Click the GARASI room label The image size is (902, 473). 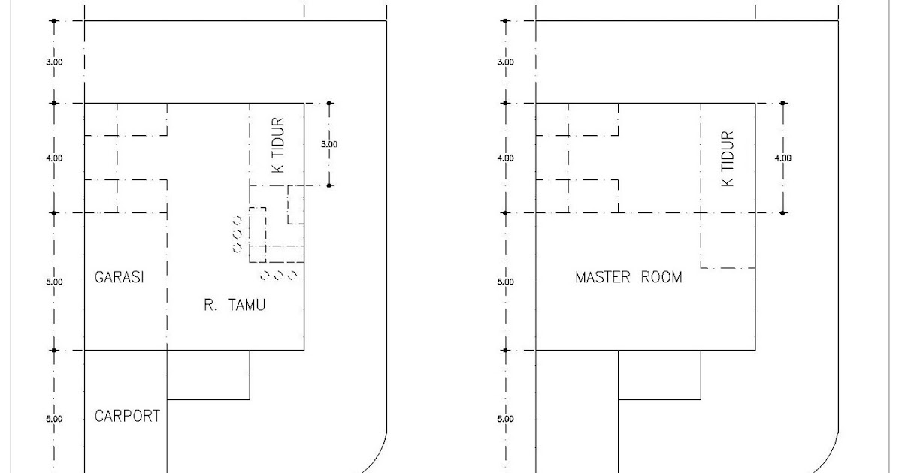pyautogui.click(x=120, y=277)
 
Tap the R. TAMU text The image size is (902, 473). pyautogui.click(x=235, y=305)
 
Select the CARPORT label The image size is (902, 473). pyautogui.click(x=127, y=416)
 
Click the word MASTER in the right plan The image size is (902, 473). pyautogui.click(x=603, y=277)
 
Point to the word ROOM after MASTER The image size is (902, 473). pyautogui.click(x=661, y=277)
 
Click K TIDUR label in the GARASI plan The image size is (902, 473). pyautogui.click(x=278, y=145)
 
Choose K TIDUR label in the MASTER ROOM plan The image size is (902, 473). pyautogui.click(x=728, y=158)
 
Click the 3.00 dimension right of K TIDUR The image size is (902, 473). pyautogui.click(x=329, y=144)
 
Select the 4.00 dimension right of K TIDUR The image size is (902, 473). pyautogui.click(x=782, y=158)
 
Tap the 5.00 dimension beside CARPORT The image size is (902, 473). pyautogui.click(x=54, y=419)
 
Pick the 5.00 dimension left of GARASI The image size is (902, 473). pyautogui.click(x=54, y=282)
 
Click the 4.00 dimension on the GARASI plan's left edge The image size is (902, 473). pyautogui.click(x=54, y=158)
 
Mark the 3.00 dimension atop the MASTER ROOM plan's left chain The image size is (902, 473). pyautogui.click(x=505, y=62)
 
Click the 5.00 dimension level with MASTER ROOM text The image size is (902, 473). pyautogui.click(x=505, y=282)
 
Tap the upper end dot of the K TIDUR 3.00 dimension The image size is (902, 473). pyautogui.click(x=329, y=104)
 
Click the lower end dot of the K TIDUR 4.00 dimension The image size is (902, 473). pyautogui.click(x=782, y=213)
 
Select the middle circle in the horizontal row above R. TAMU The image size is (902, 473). pyautogui.click(x=279, y=276)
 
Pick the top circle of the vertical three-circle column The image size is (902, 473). pyautogui.click(x=238, y=221)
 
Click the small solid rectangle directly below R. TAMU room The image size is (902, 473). pyautogui.click(x=208, y=375)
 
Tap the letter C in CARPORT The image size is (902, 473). pyautogui.click(x=98, y=416)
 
